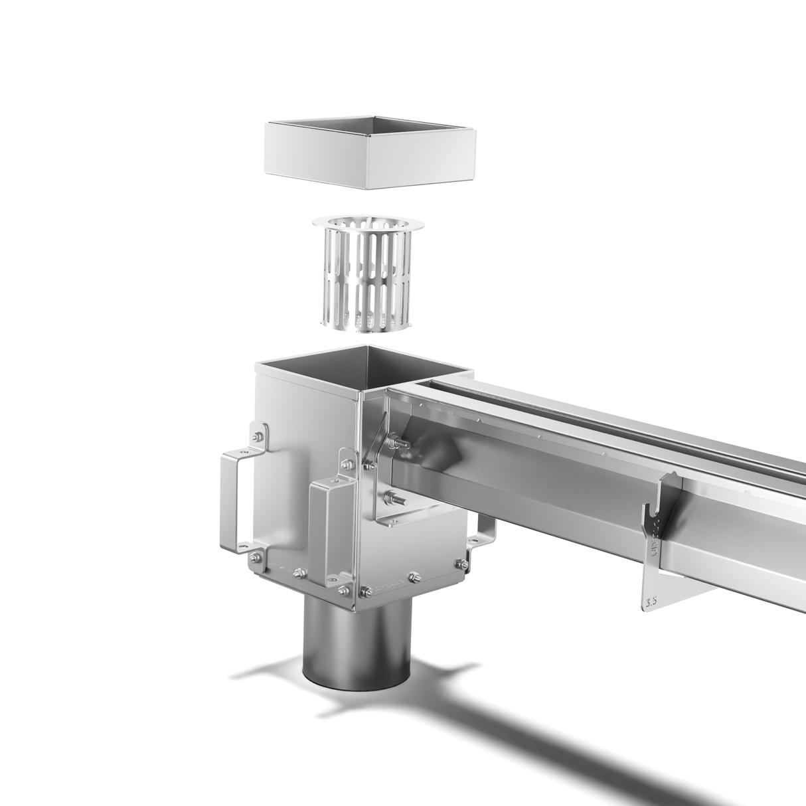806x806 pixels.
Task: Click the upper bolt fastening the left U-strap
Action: pyautogui.click(x=257, y=438)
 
